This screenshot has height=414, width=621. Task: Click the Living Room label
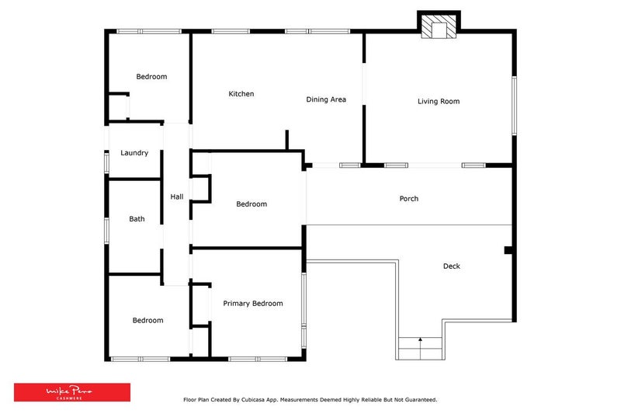click(x=439, y=101)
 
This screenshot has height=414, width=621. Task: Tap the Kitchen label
click(x=241, y=94)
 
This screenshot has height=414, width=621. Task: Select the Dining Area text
click(x=326, y=99)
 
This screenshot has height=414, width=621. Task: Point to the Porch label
click(x=408, y=199)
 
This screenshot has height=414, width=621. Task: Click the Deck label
click(x=451, y=266)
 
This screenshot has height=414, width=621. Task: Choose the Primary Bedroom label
click(x=252, y=304)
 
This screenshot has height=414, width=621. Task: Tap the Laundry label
click(x=134, y=153)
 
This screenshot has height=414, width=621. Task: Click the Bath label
click(x=137, y=219)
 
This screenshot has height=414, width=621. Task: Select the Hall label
click(x=177, y=197)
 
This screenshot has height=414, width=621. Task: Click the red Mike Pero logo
click(x=71, y=392)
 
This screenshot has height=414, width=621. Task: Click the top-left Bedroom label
click(x=151, y=77)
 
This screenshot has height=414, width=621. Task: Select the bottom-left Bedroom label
click(x=147, y=320)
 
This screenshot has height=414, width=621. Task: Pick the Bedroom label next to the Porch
click(x=252, y=204)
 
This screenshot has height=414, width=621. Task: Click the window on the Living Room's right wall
click(x=513, y=105)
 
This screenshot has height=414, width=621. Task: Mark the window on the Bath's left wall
click(x=106, y=231)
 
